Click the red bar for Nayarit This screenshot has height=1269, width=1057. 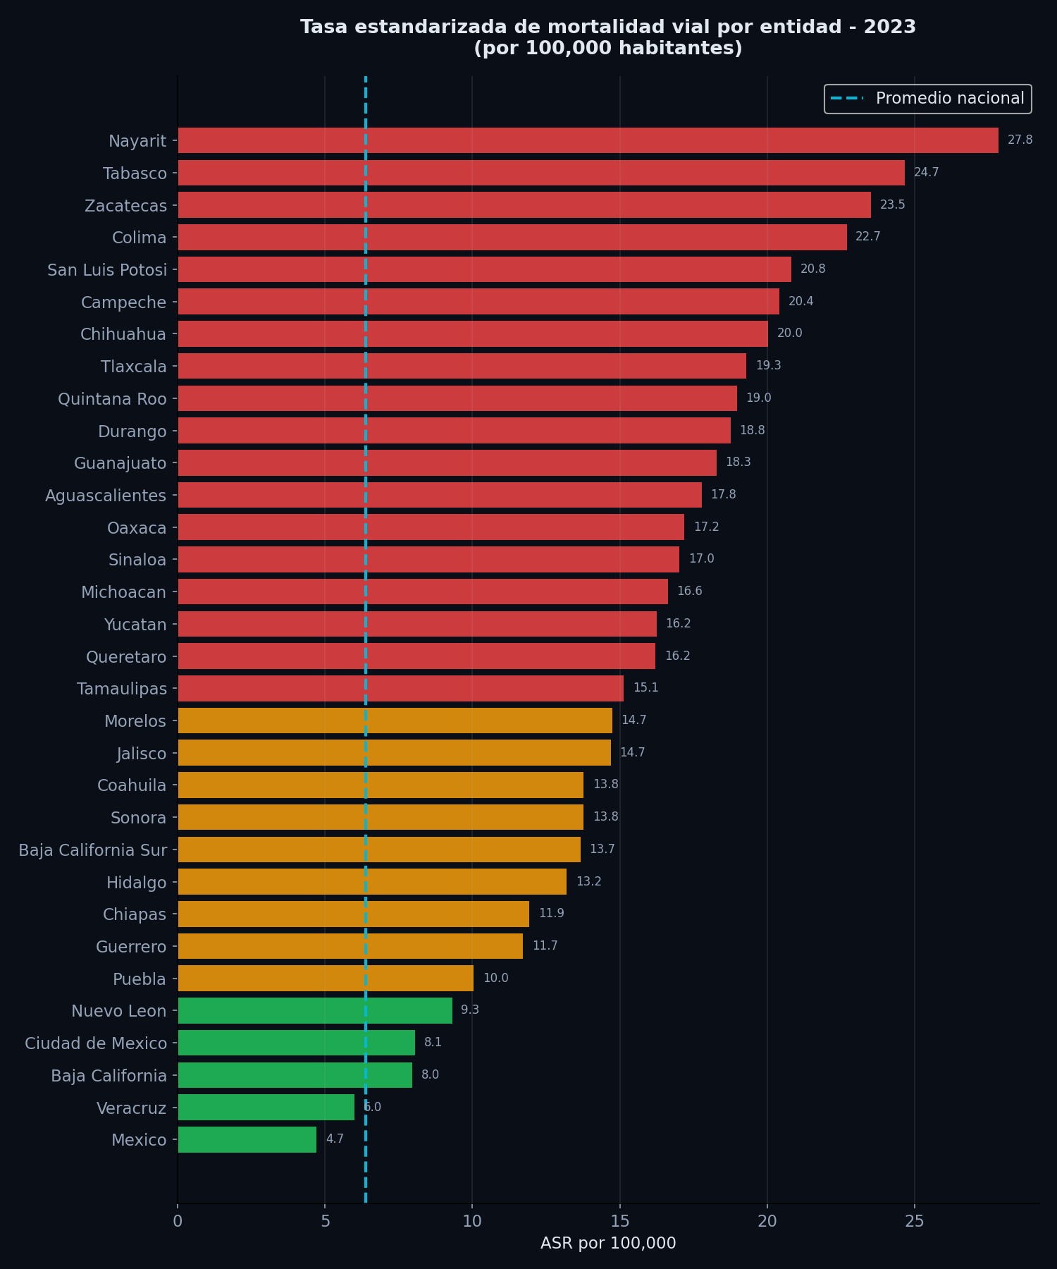588,140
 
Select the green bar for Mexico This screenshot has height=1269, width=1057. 247,1140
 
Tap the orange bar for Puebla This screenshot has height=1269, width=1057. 326,979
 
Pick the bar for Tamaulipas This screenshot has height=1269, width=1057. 400,688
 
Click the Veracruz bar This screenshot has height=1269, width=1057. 266,1108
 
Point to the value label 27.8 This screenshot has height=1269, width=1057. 1020,140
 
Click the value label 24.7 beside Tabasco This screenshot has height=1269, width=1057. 926,173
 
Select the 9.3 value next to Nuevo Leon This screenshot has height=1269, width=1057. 470,1010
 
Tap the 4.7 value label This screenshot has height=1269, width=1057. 335,1139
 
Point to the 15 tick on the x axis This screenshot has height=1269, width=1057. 619,1221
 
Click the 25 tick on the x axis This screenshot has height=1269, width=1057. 914,1221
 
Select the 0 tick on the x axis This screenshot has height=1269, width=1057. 178,1221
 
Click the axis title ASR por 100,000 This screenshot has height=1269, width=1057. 608,1244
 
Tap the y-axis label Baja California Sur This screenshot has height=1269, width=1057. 93,850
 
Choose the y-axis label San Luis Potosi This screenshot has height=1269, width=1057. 107,270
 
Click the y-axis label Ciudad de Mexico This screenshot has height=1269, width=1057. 96,1043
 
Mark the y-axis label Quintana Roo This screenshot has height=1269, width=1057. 112,399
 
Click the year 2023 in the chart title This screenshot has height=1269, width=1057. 889,27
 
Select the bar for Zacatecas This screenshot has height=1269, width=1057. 524,205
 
